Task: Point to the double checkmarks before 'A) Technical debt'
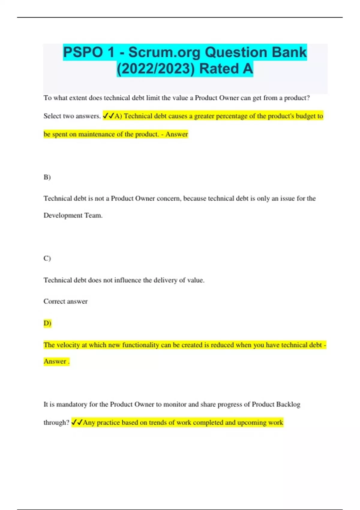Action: coord(108,116)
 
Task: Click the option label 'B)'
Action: coord(47,177)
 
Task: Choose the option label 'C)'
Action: coord(47,258)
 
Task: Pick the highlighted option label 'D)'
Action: coord(47,323)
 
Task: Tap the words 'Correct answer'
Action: coord(65,301)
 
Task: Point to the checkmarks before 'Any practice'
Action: coord(77,422)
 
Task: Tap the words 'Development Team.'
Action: coord(73,215)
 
